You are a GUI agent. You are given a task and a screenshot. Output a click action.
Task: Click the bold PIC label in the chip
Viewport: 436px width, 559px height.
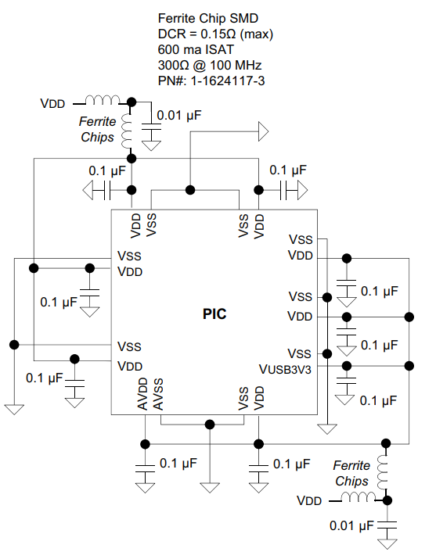click(x=214, y=314)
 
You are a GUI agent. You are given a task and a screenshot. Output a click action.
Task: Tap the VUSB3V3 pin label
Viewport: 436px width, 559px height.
click(x=285, y=369)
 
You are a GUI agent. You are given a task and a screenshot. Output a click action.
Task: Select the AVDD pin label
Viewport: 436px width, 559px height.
click(x=142, y=394)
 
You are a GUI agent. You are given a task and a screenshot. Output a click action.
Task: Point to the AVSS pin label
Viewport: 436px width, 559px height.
click(x=158, y=394)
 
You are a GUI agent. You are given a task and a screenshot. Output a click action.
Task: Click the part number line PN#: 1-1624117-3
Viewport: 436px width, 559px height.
click(x=211, y=81)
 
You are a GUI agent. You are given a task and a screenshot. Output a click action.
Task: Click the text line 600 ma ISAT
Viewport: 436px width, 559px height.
click(x=196, y=49)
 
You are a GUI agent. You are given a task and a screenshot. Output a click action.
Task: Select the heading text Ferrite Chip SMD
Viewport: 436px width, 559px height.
click(x=208, y=18)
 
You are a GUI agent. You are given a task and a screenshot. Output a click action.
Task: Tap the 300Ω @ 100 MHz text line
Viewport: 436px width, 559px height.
click(x=210, y=65)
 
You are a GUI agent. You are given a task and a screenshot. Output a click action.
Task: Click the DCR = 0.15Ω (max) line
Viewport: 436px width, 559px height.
click(x=215, y=34)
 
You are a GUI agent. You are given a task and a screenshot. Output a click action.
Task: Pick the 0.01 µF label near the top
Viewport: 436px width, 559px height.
click(x=179, y=115)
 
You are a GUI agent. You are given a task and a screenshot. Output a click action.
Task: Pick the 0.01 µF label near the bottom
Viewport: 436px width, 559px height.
click(x=351, y=525)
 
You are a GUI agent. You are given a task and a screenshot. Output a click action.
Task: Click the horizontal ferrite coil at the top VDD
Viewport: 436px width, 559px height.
click(x=103, y=100)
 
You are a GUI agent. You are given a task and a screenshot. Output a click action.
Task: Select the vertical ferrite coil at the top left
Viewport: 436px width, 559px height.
click(x=127, y=131)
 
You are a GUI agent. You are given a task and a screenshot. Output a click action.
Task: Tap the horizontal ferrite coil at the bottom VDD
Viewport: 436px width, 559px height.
click(x=358, y=496)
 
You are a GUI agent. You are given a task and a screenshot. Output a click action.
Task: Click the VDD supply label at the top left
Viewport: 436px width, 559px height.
click(x=52, y=104)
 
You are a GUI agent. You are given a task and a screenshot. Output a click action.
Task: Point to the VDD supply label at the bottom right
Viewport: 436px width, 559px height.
click(x=309, y=501)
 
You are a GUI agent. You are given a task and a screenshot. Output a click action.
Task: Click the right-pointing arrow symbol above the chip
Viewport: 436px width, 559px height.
click(x=263, y=131)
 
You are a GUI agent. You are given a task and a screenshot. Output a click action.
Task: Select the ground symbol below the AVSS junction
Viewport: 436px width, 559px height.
click(x=210, y=488)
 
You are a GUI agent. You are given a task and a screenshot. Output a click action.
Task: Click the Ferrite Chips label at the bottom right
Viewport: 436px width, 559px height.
click(x=351, y=473)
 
